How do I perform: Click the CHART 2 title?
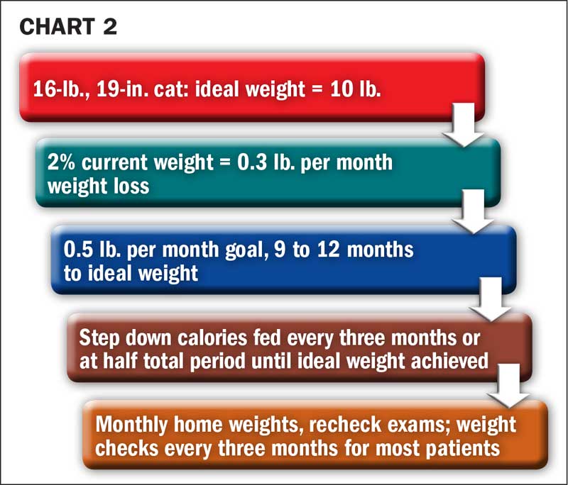68,27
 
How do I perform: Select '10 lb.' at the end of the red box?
355,89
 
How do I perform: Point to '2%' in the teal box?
61,162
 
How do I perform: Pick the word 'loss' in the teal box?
132,186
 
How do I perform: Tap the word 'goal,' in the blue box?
246,250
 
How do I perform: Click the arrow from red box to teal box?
464,124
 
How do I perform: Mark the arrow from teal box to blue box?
474,211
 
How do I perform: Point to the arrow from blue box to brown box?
491,299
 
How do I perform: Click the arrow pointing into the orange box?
508,386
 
